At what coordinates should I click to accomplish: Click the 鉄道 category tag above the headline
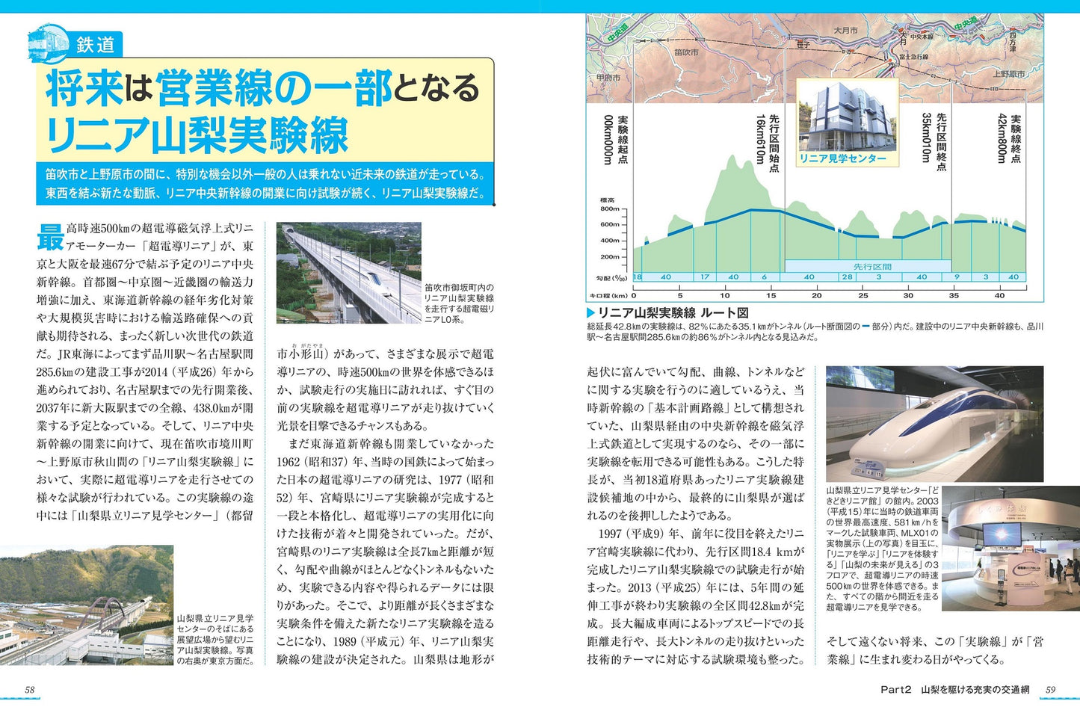click(95, 45)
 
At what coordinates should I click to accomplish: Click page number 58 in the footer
click(30, 690)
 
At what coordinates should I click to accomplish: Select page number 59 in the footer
click(1050, 690)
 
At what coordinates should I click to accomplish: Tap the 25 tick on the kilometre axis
click(863, 295)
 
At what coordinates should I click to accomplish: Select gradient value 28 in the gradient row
click(847, 277)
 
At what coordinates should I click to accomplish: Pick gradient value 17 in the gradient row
click(705, 277)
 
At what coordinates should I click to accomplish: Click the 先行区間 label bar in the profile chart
click(871, 266)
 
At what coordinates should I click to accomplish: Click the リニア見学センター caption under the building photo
click(842, 158)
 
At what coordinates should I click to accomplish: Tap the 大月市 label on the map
click(845, 31)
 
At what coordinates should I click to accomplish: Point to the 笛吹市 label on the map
click(685, 52)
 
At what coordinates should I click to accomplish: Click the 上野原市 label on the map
click(1008, 74)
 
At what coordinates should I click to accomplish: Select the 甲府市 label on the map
click(608, 77)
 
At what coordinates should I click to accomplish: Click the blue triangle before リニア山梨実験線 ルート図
click(590, 313)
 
